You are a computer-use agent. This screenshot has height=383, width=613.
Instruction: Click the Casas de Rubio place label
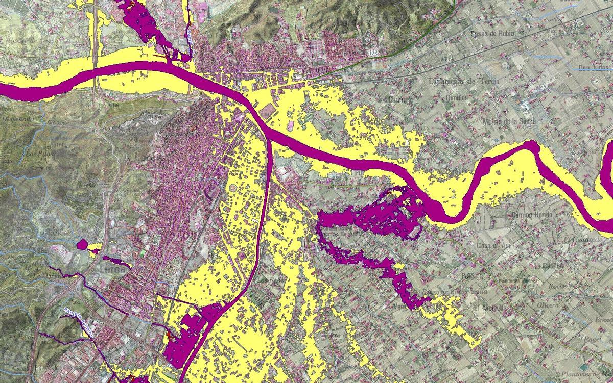(x=492, y=34)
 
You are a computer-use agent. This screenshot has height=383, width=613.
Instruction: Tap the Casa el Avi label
(x=493, y=246)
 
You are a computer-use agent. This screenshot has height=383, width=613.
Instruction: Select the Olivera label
(x=548, y=305)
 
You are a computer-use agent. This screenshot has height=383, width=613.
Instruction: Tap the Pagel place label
(x=590, y=338)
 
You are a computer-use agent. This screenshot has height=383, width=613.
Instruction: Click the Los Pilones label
(x=40, y=153)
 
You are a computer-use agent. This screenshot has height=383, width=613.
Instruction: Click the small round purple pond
(x=82, y=244)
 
